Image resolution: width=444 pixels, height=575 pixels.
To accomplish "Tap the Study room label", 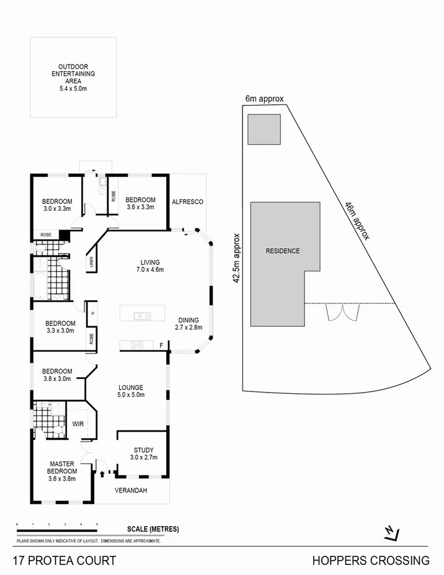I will click(x=143, y=453).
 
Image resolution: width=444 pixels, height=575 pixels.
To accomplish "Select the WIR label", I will click(x=78, y=425).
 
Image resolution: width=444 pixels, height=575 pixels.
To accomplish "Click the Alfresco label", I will click(x=187, y=202).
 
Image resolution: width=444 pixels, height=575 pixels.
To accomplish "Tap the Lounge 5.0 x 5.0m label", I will click(x=131, y=391).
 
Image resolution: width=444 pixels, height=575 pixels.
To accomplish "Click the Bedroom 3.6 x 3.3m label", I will click(x=140, y=203).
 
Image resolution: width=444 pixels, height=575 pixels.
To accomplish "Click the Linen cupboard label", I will click(x=91, y=262).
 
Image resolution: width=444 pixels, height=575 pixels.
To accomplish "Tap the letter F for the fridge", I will click(x=161, y=345).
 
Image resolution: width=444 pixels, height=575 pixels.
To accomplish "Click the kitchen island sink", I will click(x=143, y=316).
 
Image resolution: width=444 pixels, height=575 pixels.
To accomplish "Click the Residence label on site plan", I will click(x=283, y=251).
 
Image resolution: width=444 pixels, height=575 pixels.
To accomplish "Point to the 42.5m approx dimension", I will click(x=236, y=258).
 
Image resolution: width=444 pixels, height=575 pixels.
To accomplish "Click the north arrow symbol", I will click(x=391, y=532).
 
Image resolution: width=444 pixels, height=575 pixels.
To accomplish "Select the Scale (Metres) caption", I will click(x=153, y=529).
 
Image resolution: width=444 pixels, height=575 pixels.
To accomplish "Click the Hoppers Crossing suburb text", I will click(x=371, y=561).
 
